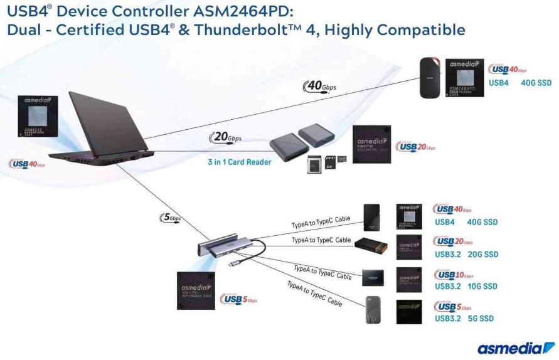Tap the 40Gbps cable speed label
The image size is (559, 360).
[321, 86]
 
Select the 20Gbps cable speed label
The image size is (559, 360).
[225, 138]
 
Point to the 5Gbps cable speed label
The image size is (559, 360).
[172, 218]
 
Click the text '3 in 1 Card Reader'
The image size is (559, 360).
[240, 162]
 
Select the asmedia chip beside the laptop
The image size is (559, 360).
[38, 117]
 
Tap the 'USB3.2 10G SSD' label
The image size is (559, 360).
[466, 287]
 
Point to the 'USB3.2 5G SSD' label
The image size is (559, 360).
[464, 319]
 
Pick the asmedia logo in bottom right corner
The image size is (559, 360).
[516, 347]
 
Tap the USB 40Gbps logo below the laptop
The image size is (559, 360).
[28, 164]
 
